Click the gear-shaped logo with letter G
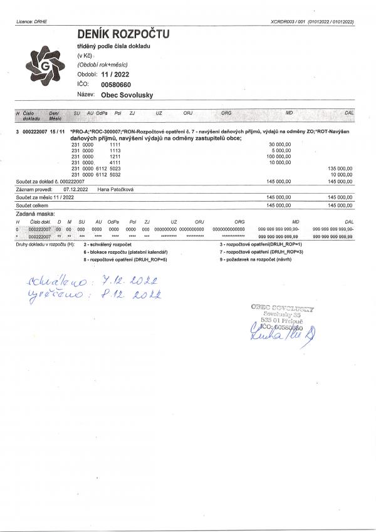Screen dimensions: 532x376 43,64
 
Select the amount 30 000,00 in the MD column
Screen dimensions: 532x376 279,143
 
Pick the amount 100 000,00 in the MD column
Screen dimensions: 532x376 278,156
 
